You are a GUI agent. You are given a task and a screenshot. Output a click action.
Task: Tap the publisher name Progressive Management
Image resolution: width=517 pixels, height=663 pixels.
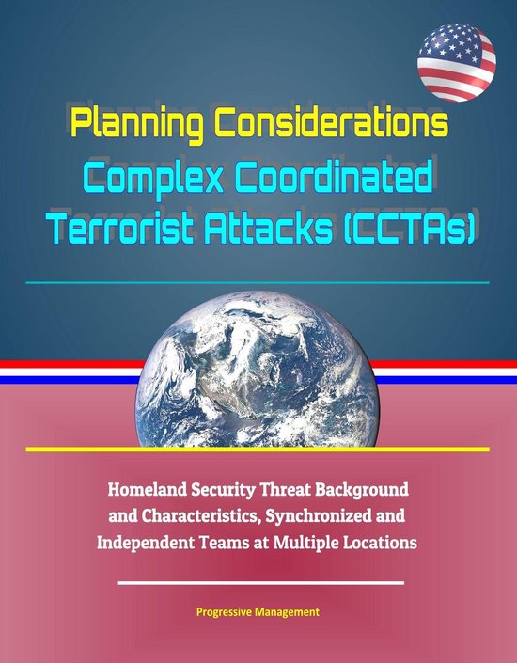[257, 611]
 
